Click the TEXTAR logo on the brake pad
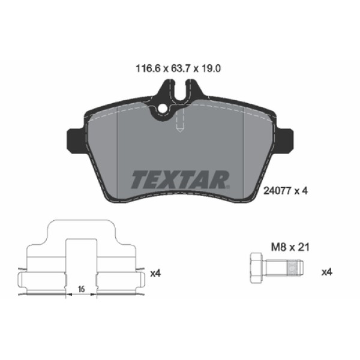180,178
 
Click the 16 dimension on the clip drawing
80,289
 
